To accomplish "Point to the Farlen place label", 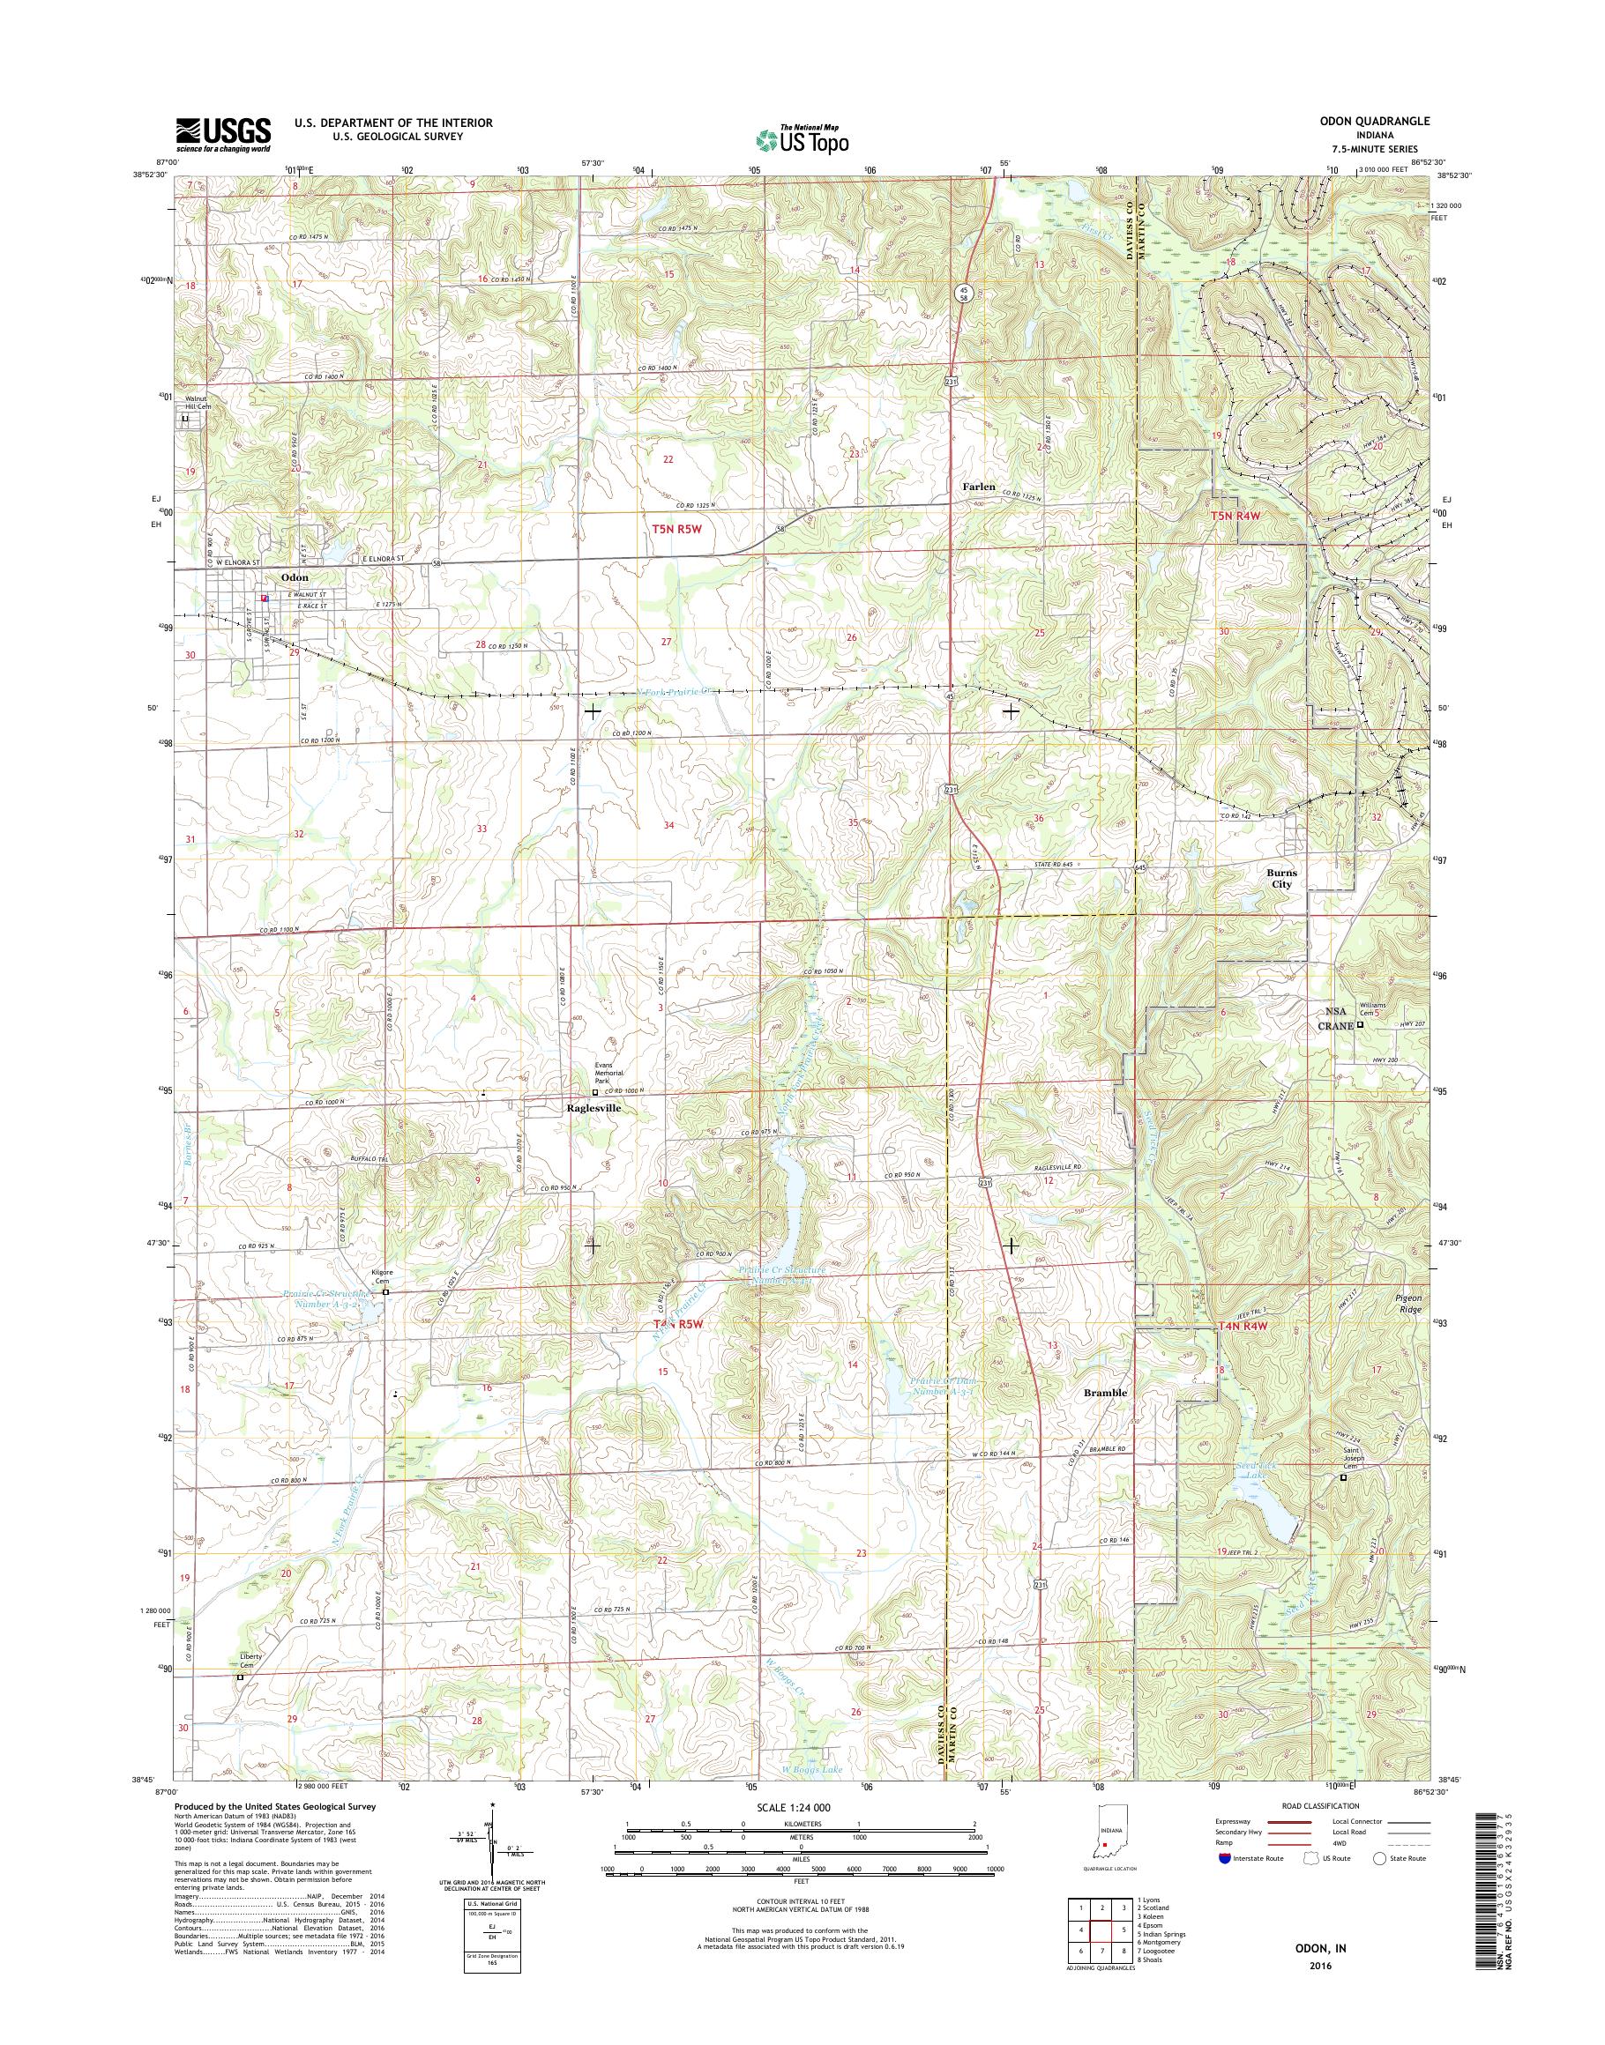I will pyautogui.click(x=977, y=487).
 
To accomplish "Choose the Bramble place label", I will pyautogui.click(x=1105, y=1392).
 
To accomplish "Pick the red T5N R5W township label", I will pyautogui.click(x=676, y=530).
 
